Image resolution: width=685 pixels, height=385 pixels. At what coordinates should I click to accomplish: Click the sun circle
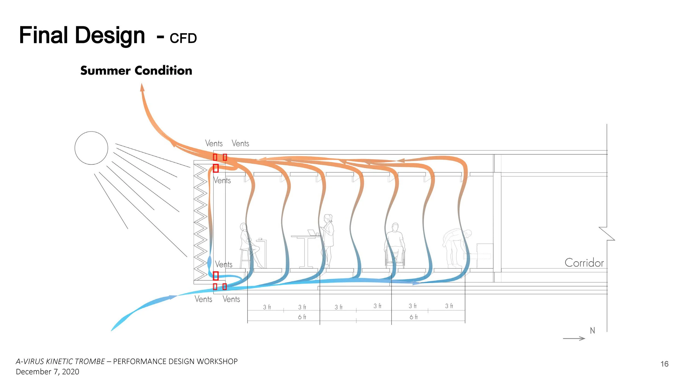(x=91, y=148)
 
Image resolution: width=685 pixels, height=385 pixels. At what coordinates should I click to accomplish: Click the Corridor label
(x=584, y=263)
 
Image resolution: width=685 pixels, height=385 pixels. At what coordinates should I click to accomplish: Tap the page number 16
(x=664, y=364)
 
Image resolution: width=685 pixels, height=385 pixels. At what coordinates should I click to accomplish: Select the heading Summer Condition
(x=136, y=71)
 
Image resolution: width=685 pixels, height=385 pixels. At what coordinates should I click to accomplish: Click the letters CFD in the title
(x=183, y=38)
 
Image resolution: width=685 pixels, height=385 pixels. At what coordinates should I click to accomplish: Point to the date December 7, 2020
(x=47, y=372)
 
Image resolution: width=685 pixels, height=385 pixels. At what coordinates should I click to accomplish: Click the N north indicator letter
(x=592, y=331)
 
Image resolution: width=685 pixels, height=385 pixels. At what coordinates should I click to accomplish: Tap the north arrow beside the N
(x=574, y=338)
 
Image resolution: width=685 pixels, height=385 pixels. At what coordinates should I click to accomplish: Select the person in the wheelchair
(x=395, y=245)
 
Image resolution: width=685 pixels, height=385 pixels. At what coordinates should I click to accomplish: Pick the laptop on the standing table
(x=312, y=233)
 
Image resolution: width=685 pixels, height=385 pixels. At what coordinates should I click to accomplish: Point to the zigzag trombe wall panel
(x=200, y=222)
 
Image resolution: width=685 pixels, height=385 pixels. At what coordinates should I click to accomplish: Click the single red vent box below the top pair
(x=216, y=168)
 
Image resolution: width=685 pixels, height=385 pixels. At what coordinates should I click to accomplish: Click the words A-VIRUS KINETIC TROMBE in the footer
(x=60, y=361)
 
